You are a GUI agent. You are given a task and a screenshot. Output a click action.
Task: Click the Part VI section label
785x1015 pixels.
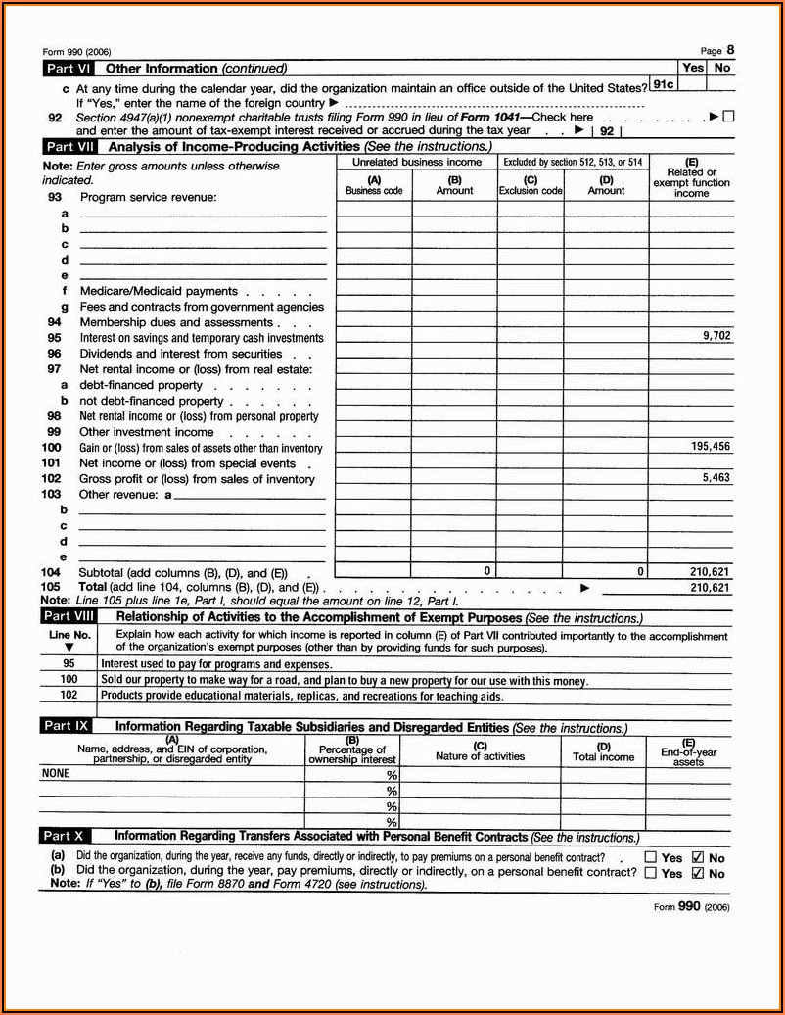(69, 69)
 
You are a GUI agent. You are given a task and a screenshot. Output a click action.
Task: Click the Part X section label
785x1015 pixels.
(67, 836)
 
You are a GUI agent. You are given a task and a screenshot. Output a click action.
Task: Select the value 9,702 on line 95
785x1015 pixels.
(716, 335)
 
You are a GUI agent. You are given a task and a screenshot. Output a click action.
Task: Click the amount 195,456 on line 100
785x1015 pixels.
(710, 446)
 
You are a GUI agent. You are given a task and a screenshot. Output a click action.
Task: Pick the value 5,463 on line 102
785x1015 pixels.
(716, 477)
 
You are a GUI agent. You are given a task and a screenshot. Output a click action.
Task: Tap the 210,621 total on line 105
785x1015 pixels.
(710, 588)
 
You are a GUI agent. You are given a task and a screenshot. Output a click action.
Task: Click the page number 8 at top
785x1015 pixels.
(730, 50)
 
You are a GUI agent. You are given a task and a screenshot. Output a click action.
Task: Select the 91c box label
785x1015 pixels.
(663, 84)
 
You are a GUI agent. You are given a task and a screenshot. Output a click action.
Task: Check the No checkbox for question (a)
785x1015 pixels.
(698, 857)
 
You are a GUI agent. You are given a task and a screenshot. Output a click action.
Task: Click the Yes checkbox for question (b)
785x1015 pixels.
(651, 873)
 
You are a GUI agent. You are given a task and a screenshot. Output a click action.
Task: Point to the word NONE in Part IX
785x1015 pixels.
(55, 772)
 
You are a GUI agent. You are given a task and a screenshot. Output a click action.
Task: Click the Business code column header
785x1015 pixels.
(374, 186)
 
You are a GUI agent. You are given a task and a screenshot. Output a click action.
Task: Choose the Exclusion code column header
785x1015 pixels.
(531, 186)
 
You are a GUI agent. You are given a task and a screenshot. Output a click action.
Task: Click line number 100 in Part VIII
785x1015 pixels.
(69, 679)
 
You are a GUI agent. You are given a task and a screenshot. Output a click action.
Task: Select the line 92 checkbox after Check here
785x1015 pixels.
(727, 117)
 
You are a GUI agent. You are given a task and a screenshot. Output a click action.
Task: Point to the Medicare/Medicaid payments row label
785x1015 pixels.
(159, 291)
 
